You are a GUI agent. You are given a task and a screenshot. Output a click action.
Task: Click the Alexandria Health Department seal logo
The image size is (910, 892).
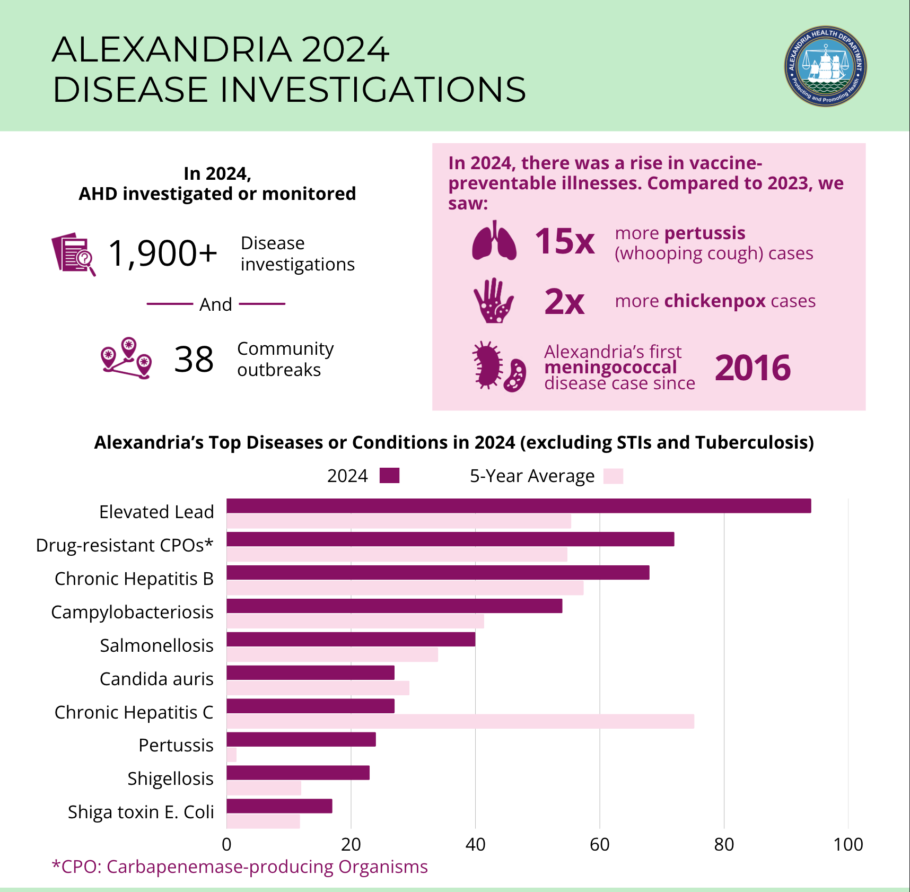(x=825, y=66)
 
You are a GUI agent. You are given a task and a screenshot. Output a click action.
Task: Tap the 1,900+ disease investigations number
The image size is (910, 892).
(x=163, y=253)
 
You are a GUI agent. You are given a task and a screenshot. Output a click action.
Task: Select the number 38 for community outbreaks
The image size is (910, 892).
(x=194, y=360)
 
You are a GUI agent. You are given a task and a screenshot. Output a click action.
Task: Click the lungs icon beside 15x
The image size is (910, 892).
(x=494, y=241)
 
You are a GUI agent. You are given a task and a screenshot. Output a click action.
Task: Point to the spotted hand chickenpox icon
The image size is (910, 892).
(x=493, y=301)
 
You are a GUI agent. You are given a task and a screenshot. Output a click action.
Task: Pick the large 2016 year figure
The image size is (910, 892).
(x=752, y=368)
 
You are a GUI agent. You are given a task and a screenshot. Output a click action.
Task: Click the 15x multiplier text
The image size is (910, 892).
(x=564, y=242)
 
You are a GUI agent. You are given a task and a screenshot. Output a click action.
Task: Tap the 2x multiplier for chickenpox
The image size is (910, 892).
(x=564, y=302)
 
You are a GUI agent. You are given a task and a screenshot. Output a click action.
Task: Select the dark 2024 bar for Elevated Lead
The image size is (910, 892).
(x=519, y=506)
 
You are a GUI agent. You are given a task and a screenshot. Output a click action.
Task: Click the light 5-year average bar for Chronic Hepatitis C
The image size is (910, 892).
(x=460, y=721)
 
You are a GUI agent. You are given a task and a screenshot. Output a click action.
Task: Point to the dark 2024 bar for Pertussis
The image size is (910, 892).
(x=301, y=739)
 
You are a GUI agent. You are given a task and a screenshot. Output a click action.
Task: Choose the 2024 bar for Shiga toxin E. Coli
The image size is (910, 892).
(x=279, y=806)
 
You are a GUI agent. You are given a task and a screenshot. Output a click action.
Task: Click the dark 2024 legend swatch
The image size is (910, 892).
(x=389, y=476)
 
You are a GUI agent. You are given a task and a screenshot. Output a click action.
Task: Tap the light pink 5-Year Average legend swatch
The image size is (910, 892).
(x=613, y=476)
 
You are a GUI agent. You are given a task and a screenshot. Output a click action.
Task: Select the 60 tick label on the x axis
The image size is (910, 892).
(x=600, y=844)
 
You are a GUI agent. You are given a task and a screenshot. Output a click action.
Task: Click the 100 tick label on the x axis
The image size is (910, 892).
(x=848, y=844)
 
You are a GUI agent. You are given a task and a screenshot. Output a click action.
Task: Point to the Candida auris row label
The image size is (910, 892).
(x=156, y=679)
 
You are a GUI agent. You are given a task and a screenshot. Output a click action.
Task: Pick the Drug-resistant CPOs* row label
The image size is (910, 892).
(x=125, y=545)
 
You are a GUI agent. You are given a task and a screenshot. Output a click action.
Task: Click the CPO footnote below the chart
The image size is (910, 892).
(x=240, y=867)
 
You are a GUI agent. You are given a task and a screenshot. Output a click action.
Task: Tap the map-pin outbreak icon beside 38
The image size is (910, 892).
(x=126, y=358)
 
